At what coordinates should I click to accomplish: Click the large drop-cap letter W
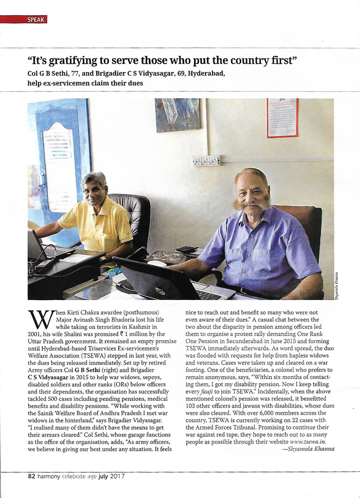[x=38, y=320]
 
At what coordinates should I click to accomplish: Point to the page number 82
[x=31, y=476]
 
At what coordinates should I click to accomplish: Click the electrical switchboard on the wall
[x=206, y=161]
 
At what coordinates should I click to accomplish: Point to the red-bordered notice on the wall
[x=282, y=117]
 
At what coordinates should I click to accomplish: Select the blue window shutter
[x=59, y=166]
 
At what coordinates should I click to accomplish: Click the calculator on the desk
[x=187, y=249]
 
